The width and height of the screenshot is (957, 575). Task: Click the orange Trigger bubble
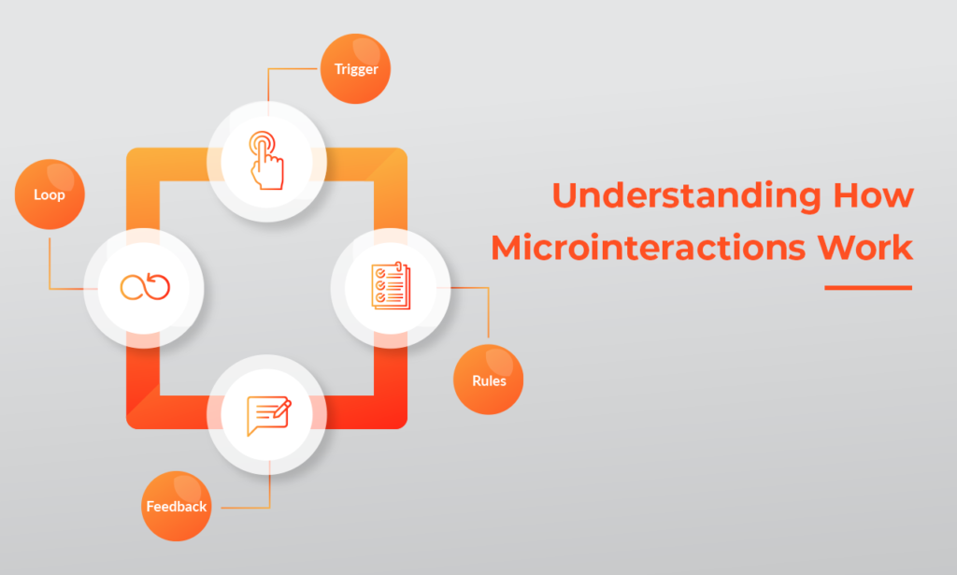coord(355,68)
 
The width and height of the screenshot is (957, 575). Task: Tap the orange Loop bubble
coord(50,195)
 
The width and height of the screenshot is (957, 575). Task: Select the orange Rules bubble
coord(488,380)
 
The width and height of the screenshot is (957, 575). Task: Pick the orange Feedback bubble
coord(176,507)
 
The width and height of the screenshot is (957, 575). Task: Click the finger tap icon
coord(266,160)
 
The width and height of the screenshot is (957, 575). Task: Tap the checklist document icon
coord(391,286)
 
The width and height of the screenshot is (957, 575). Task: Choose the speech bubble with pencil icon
coord(267,415)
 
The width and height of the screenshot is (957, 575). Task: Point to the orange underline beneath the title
coord(867,288)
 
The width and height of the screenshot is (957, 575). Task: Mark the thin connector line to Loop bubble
coord(50,266)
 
